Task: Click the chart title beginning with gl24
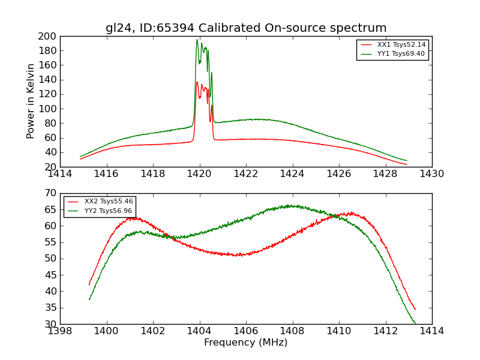coord(246,28)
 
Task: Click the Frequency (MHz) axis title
coord(246,343)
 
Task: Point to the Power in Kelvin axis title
coord(31,101)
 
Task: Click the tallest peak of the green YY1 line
coord(197,40)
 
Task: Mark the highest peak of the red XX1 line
coord(197,82)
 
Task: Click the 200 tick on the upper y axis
coord(50,36)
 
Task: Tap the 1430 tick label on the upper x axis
coord(432,174)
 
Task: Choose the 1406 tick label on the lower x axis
coord(246,331)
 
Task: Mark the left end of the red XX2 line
coord(89,284)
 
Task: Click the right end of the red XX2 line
coord(415,310)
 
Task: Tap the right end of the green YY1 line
coord(407,161)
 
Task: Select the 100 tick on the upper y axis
coord(50,109)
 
